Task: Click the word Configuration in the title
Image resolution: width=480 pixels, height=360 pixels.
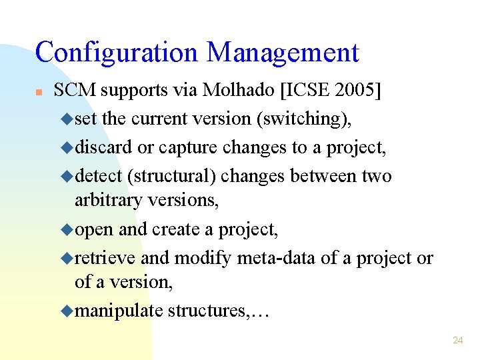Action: (x=116, y=53)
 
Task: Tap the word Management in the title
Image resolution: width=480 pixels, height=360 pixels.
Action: (x=283, y=53)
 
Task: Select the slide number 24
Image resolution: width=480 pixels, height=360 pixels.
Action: (x=457, y=340)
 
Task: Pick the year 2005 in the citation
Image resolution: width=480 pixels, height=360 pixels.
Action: (x=351, y=90)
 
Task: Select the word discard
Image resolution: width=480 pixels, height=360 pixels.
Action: (x=104, y=147)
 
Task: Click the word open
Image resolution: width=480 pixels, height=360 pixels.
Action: (x=94, y=229)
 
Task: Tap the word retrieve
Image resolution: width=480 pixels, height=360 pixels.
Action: (x=105, y=258)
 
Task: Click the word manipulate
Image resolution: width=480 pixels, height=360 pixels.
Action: (x=119, y=311)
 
